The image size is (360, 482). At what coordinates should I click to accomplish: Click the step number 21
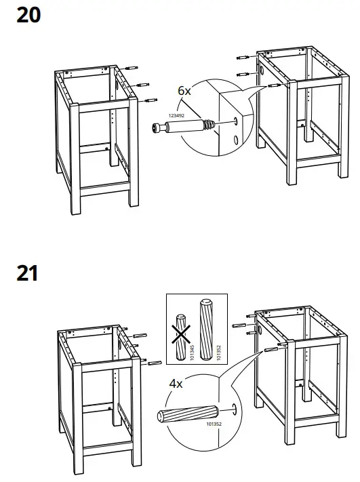[x=27, y=274]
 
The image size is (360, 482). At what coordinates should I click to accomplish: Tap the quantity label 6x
[x=185, y=89]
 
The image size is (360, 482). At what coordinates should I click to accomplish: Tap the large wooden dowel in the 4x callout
[x=187, y=414]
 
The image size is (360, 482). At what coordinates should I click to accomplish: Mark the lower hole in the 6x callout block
[x=235, y=140]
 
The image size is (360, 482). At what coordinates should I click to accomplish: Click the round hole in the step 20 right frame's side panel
[x=262, y=71]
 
